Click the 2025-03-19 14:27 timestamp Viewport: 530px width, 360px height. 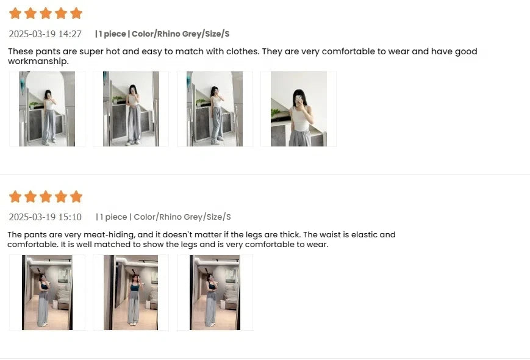coord(45,34)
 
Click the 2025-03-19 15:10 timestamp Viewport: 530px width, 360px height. coord(45,217)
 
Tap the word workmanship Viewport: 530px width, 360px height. coord(38,61)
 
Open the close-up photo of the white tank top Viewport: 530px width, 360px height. coord(298,109)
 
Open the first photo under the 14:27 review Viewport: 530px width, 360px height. coord(47,109)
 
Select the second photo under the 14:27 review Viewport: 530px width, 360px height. coord(131,109)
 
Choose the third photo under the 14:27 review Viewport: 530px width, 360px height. coord(215,109)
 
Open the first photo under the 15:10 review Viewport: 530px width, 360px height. coord(47,292)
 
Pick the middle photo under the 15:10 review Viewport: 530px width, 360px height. coord(131,292)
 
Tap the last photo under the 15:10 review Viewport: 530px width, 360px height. coord(215,292)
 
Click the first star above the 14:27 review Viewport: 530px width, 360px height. coord(15,13)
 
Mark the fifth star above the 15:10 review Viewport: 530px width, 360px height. coord(76,196)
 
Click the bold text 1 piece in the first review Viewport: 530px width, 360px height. coord(112,34)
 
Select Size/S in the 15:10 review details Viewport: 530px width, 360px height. coord(219,217)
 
